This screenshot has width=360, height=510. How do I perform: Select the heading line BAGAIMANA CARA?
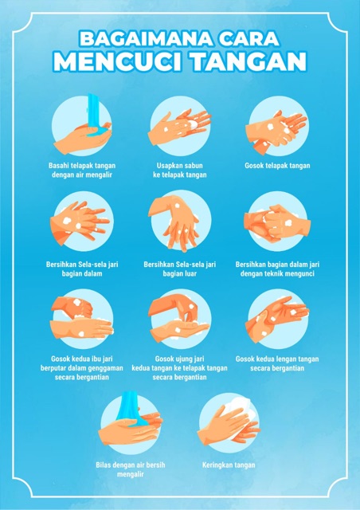180,37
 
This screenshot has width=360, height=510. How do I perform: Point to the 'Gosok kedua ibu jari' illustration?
81,318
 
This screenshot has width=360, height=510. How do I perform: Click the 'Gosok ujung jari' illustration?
180,318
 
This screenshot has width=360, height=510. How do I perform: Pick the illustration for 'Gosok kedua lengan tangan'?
277,318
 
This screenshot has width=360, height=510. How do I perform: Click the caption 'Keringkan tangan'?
229,464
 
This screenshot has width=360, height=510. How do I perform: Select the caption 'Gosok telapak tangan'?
277,166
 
